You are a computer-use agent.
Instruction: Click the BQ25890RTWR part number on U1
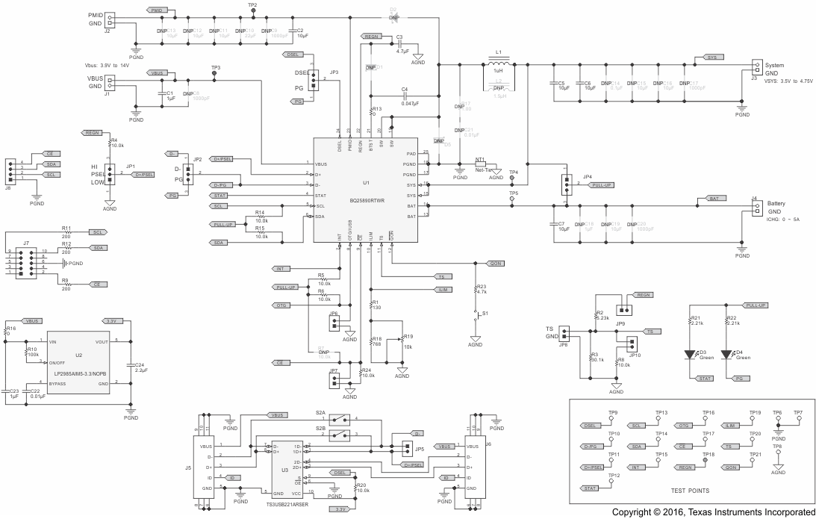click(x=366, y=200)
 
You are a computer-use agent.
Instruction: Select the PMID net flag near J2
click(x=156, y=10)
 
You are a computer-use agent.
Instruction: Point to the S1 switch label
click(x=486, y=314)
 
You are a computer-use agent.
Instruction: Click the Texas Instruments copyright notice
click(x=713, y=512)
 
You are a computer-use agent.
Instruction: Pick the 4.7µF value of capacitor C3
click(x=403, y=52)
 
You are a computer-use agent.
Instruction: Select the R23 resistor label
click(x=481, y=287)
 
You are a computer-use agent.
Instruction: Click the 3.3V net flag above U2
click(x=113, y=320)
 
